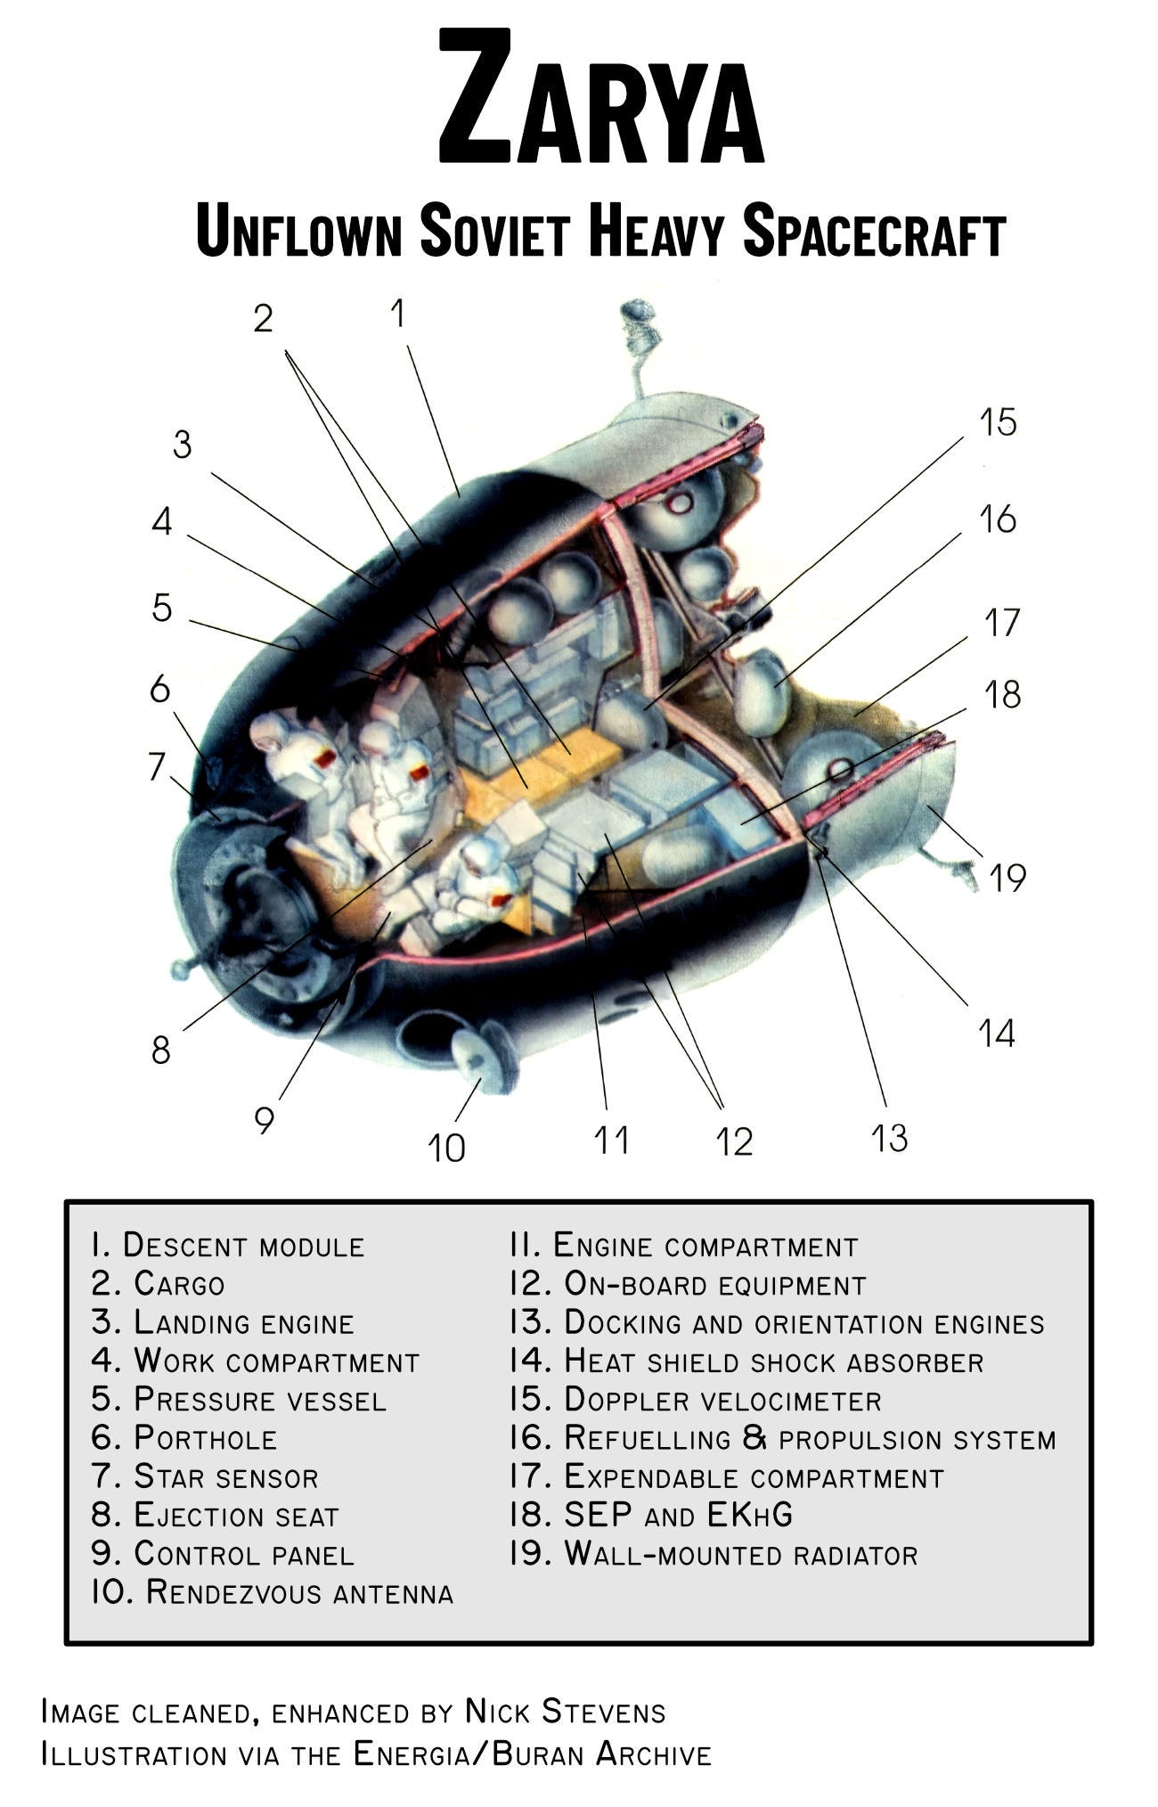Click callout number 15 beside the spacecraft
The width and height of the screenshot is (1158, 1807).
point(998,422)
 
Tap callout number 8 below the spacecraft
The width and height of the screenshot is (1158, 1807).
point(160,1051)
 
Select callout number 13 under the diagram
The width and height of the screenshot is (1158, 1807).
point(889,1138)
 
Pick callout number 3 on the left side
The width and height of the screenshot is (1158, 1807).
point(182,445)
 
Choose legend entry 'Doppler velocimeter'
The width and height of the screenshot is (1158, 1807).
point(722,1400)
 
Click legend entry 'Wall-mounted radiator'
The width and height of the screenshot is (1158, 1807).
point(740,1555)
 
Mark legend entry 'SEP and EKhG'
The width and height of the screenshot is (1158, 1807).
point(677,1515)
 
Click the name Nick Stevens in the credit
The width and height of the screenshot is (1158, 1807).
point(565,1712)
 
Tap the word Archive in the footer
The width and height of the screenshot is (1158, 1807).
point(654,1754)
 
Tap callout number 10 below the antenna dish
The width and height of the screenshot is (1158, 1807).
point(446,1148)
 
